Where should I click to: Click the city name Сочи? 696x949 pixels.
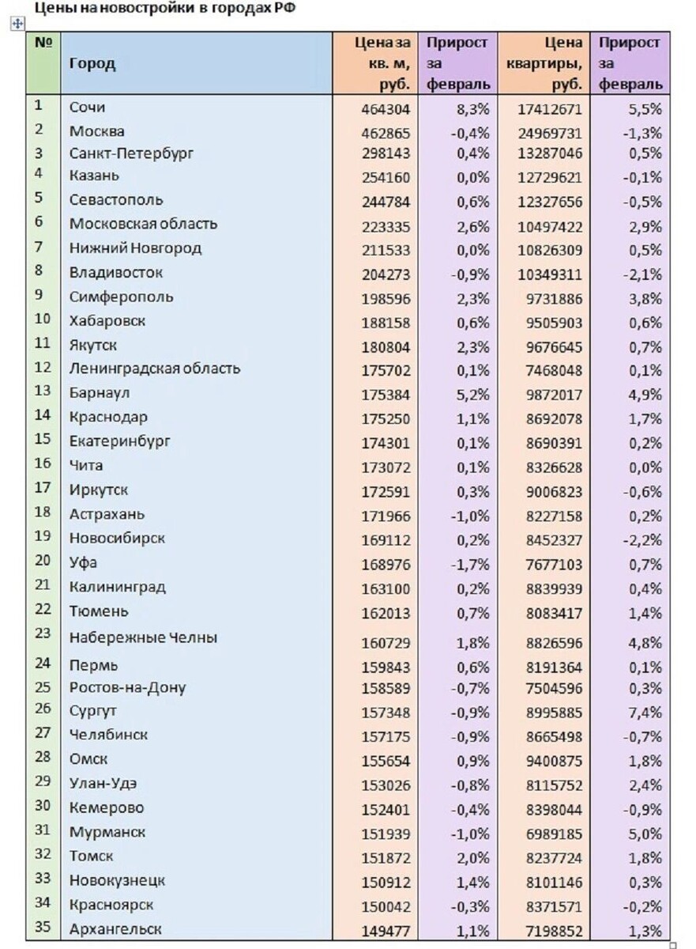point(87,107)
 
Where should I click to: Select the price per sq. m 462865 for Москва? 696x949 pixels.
point(386,132)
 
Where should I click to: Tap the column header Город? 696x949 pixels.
point(92,63)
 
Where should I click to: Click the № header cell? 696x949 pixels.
point(43,42)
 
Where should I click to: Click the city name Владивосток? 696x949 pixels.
point(116,273)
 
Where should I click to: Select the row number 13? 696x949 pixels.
point(43,391)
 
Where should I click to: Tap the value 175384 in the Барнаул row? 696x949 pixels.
point(386,394)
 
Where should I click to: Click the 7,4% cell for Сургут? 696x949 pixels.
point(646,713)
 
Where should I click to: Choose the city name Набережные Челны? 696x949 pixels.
point(143,637)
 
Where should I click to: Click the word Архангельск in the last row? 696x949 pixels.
point(115,928)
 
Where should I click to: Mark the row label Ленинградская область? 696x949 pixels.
point(155,369)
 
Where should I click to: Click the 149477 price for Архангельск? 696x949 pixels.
point(386,931)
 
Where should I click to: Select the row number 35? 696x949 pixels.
point(43,927)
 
